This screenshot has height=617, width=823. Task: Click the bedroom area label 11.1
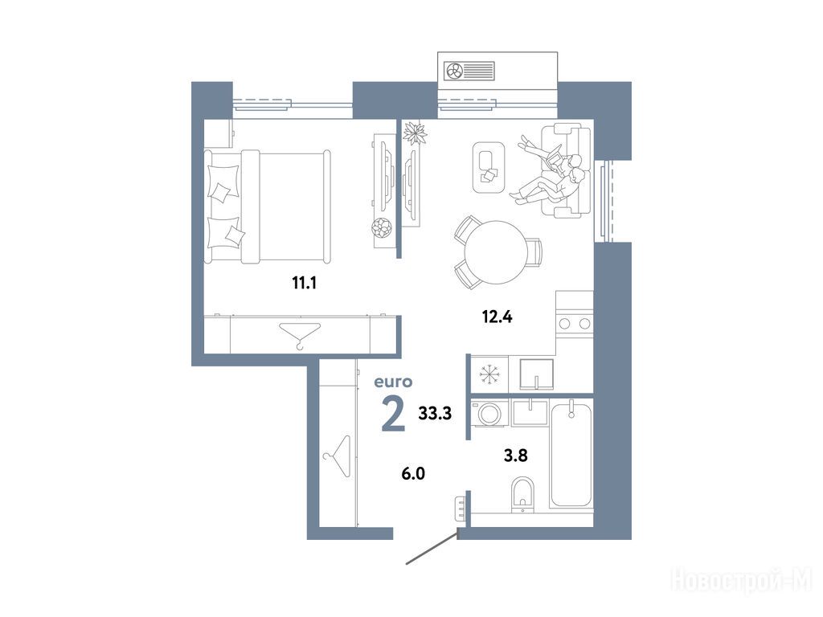tap(305, 284)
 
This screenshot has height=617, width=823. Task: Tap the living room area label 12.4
tap(497, 317)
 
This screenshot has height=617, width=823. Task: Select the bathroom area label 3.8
tap(515, 456)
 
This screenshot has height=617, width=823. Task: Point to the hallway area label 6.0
tap(413, 474)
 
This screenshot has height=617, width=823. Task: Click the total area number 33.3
tap(435, 414)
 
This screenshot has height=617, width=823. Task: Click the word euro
tap(393, 382)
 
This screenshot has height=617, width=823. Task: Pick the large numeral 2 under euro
tap(394, 414)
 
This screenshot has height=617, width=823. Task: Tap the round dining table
tap(495, 252)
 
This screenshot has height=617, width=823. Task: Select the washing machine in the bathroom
tap(489, 414)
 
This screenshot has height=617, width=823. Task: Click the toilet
tap(522, 494)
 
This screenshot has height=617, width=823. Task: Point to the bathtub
tap(571, 453)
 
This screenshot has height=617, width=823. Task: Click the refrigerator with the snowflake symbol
tap(489, 374)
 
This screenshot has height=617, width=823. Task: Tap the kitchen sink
tap(536, 374)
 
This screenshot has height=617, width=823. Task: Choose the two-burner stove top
tap(575, 323)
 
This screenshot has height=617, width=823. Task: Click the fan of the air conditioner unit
tap(453, 71)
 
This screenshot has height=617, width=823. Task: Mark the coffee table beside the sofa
tap(489, 168)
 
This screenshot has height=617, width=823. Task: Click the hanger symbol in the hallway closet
tap(338, 456)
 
